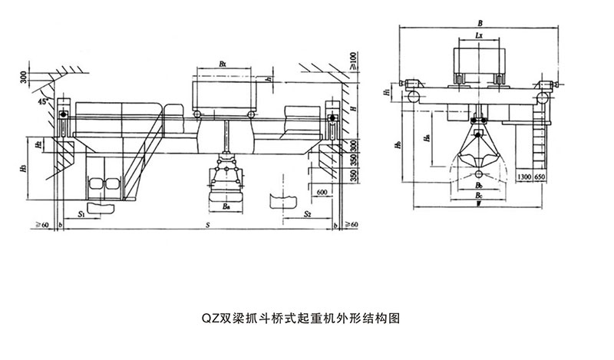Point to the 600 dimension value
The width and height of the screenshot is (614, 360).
pos(320,192)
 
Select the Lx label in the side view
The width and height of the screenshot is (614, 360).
pos(479,35)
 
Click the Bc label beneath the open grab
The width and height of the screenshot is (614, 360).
pos(479,196)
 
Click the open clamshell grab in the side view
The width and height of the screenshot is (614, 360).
pos(478,154)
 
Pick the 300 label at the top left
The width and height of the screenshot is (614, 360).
pos(24,76)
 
